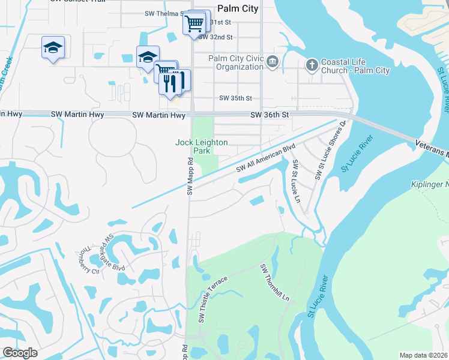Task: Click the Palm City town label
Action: (x=238, y=8)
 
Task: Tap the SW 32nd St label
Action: (x=214, y=37)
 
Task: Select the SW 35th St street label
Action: (x=235, y=98)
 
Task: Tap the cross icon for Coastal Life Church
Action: (x=312, y=65)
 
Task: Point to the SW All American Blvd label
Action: (x=266, y=158)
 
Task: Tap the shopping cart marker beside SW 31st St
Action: (x=194, y=24)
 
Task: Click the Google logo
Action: (x=20, y=353)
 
